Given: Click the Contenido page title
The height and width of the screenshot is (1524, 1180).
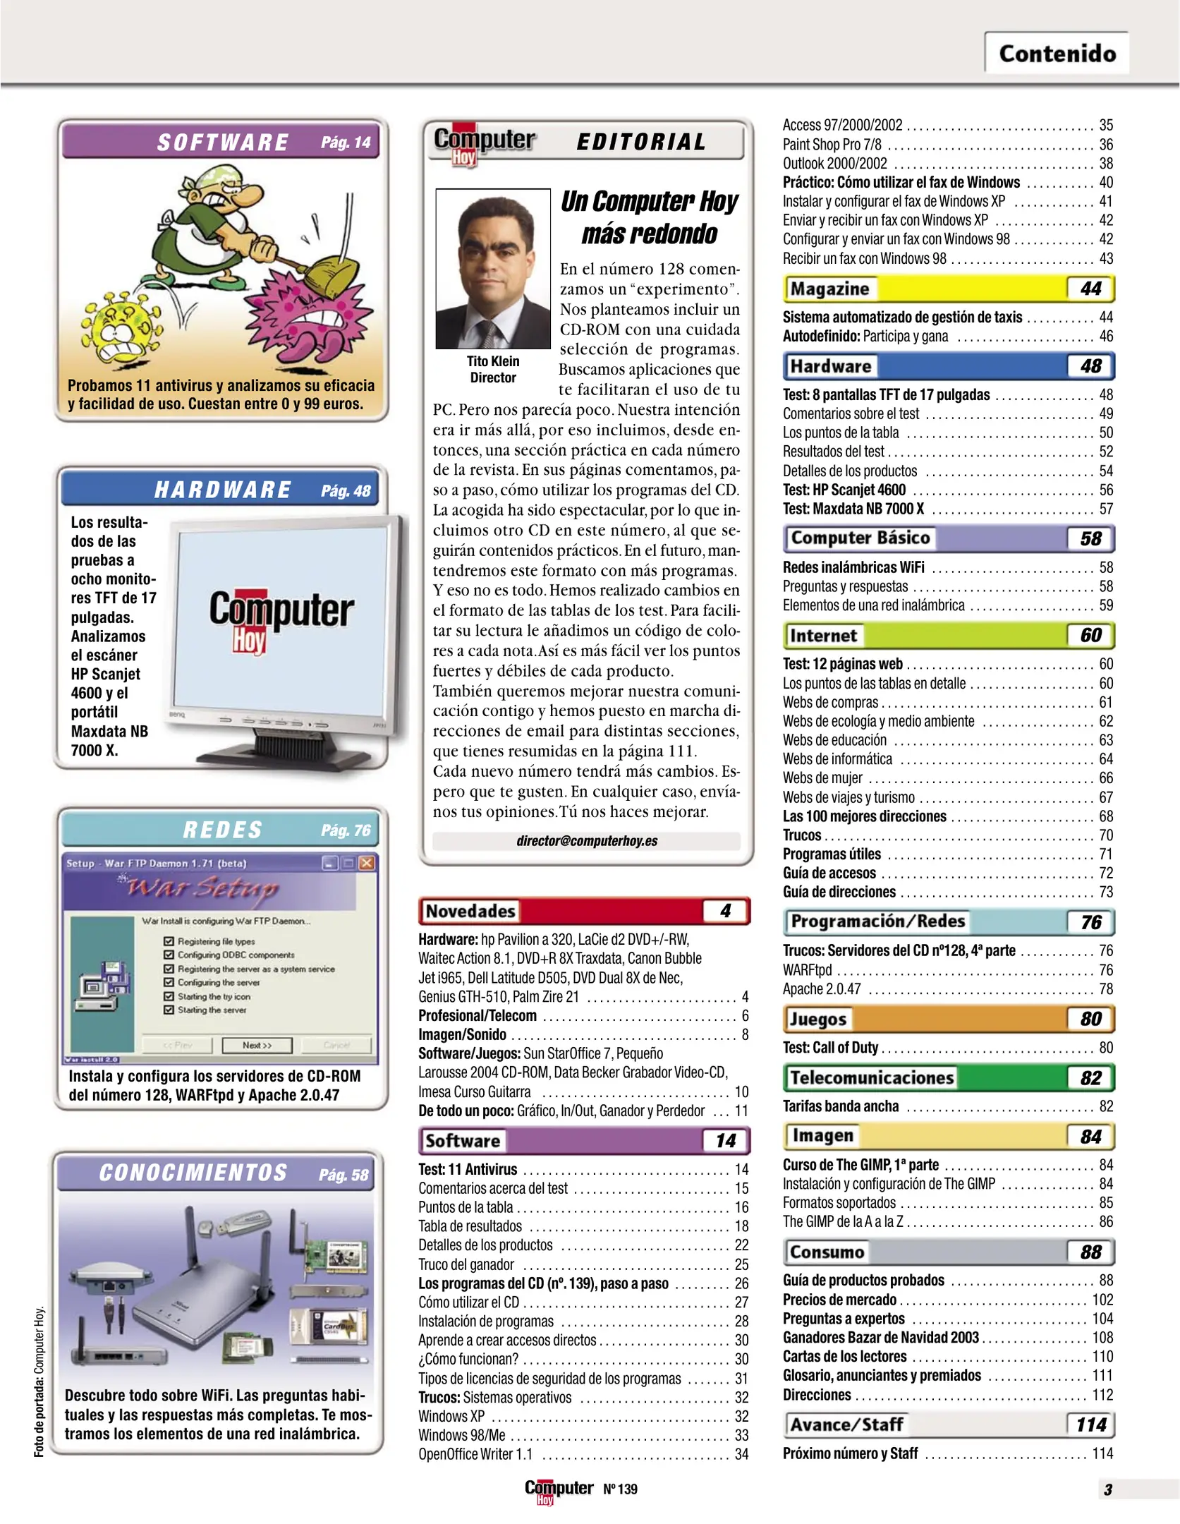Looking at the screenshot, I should click(1057, 54).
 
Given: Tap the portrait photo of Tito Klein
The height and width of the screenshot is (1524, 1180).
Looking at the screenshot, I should click(492, 268).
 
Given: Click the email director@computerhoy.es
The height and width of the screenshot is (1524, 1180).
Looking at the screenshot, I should click(586, 840).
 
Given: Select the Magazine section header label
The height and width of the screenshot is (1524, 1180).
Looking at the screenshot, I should click(829, 289).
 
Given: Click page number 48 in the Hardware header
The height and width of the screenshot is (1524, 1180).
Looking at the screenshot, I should click(1090, 366).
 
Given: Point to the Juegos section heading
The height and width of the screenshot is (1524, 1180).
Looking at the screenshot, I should click(818, 1019).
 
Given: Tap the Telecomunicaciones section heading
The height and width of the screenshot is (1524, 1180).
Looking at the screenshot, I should click(872, 1077).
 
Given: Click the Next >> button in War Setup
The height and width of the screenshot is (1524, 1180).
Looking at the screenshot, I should click(257, 1045).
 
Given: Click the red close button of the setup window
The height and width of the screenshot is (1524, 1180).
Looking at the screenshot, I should click(367, 863).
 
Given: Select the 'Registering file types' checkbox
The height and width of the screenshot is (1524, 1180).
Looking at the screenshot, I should click(169, 941).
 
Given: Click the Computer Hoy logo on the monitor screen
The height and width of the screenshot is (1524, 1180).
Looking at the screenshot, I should click(281, 617).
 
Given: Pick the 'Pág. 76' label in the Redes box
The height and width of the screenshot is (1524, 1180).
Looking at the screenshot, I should click(346, 830).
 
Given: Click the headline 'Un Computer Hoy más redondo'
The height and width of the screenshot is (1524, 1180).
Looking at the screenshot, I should click(649, 217).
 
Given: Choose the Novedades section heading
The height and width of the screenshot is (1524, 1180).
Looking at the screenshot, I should click(470, 911).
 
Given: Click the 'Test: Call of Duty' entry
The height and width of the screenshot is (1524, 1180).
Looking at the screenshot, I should click(830, 1048).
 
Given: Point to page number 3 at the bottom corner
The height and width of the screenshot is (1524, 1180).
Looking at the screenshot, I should click(1107, 1489).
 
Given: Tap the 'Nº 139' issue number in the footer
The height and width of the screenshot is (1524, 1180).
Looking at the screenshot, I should click(620, 1489).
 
